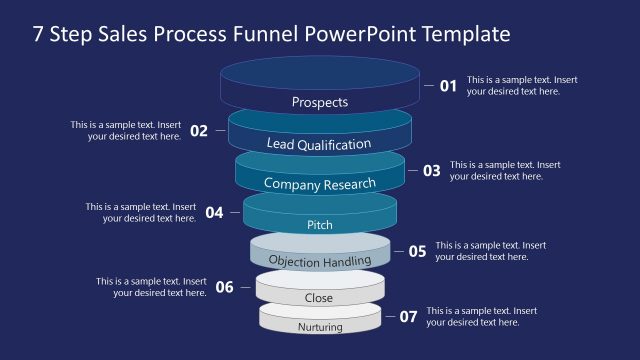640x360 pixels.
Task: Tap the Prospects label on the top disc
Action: tap(320, 102)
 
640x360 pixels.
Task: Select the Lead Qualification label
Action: tap(319, 144)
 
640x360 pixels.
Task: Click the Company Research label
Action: tap(320, 184)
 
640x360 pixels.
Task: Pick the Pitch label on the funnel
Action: tap(320, 225)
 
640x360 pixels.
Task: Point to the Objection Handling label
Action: tap(320, 261)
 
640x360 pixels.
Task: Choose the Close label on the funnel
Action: tap(319, 298)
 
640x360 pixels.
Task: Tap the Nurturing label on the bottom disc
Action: tap(320, 327)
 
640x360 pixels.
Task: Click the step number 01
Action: tap(448, 86)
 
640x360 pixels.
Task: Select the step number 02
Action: tap(199, 131)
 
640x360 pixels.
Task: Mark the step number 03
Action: tap(431, 171)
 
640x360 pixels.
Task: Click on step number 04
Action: tap(214, 212)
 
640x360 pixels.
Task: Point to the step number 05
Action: tap(417, 251)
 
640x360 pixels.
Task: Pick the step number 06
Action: tap(225, 288)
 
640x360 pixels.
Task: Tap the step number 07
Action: tap(408, 317)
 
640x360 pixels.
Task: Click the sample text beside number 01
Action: tap(522, 86)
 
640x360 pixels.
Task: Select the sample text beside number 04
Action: tap(140, 212)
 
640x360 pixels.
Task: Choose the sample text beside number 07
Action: tap(482, 317)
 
